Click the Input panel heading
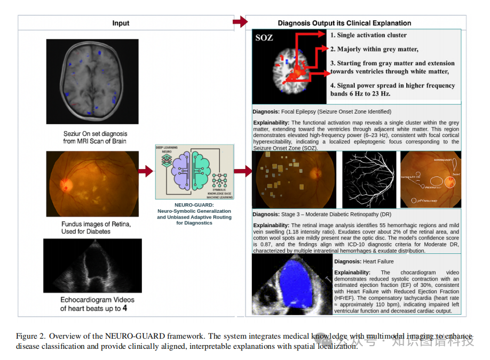(x=121, y=23)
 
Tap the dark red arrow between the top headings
(x=241, y=22)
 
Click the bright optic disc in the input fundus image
(x=67, y=185)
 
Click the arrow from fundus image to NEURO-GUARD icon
(x=145, y=171)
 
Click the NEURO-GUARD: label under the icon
(x=194, y=204)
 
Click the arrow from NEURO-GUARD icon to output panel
(x=243, y=171)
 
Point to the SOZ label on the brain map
(x=264, y=37)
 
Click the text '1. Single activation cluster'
(x=368, y=35)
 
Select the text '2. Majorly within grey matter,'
(x=374, y=49)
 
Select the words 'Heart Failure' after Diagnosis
(x=378, y=261)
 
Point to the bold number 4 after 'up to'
(x=124, y=308)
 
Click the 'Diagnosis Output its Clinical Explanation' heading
(x=344, y=23)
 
